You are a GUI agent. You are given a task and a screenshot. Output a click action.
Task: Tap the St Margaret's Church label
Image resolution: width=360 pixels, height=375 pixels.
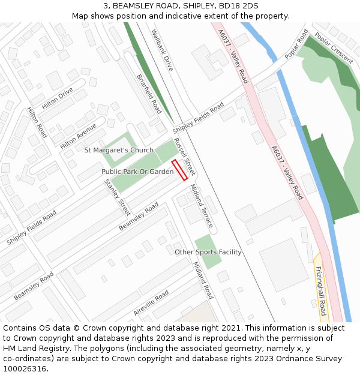coord(119,150)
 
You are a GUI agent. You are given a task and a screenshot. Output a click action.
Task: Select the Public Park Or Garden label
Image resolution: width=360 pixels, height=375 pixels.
coord(137,172)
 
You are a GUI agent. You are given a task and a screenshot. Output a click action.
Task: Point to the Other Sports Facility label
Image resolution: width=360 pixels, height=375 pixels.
coord(208,252)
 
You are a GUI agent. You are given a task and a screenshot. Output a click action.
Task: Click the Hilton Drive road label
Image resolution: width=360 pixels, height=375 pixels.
coord(57,99)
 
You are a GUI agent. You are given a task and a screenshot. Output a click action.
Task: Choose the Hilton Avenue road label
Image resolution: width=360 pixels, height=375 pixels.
coord(78,136)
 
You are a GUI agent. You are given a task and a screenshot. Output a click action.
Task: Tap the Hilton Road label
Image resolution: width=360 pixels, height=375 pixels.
coord(37,122)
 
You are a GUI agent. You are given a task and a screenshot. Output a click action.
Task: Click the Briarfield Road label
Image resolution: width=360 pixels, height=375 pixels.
coord(149,94)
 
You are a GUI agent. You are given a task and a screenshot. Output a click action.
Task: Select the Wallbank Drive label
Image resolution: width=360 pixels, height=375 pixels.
coord(162,50)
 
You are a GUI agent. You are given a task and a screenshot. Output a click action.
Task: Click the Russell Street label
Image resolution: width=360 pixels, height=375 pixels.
coord(184,157)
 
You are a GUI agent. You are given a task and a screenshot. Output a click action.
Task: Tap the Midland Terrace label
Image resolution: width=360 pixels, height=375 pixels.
coord(201,206)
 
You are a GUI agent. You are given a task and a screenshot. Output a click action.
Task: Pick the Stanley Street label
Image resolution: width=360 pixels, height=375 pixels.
coord(117,197)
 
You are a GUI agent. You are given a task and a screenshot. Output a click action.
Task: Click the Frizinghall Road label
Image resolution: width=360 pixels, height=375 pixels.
coord(320,291)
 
